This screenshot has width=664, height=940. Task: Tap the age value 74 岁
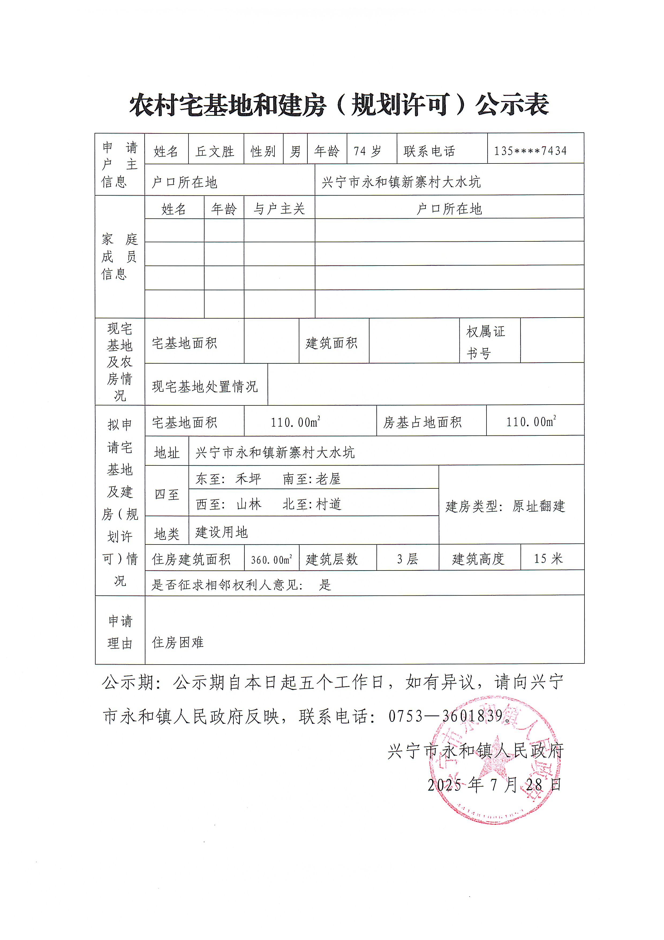[x=367, y=151]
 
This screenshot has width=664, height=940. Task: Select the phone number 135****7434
[x=530, y=151]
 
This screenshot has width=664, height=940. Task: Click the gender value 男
[x=295, y=151]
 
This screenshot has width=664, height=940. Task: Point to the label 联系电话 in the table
[x=429, y=151]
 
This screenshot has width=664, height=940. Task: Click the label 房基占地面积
[x=422, y=422]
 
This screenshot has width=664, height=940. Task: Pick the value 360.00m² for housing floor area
[x=271, y=559]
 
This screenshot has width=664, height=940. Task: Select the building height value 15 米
[x=548, y=558]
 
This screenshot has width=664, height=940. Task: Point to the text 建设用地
[x=221, y=532]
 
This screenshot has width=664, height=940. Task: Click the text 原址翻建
[x=538, y=506]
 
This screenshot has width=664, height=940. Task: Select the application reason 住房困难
[x=178, y=642]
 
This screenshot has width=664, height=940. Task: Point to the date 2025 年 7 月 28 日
[x=494, y=785]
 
